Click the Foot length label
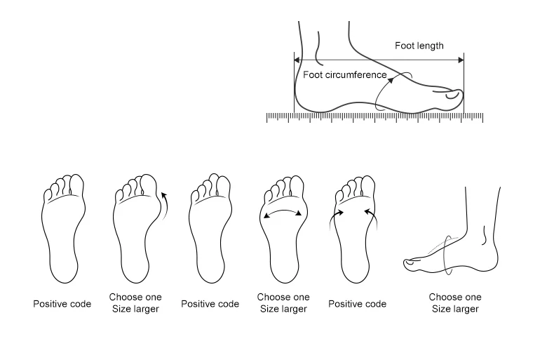419,46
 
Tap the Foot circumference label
344,75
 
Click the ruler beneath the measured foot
375,117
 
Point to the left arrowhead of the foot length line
297,61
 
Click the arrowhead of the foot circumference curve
391,80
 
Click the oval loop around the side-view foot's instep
447,253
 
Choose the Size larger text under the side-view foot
455,309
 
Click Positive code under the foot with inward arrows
357,304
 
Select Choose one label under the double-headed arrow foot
283,298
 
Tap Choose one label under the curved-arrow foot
135,298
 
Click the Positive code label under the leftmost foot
62,304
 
